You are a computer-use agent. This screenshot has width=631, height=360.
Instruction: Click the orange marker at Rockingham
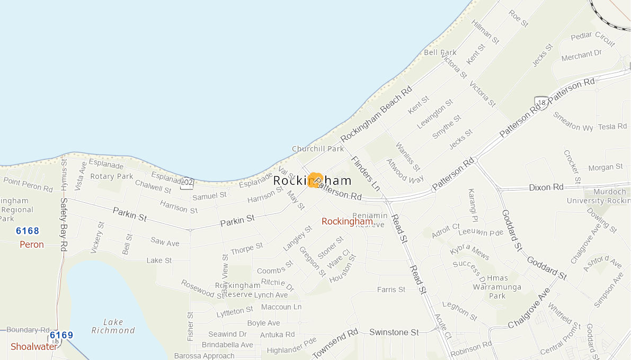point(315,180)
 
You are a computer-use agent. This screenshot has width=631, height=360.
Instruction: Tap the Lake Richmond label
point(113,326)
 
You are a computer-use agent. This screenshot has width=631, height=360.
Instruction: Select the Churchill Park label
point(318,149)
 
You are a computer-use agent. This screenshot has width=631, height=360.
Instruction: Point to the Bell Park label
point(440,52)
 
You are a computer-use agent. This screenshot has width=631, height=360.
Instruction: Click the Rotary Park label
point(112,176)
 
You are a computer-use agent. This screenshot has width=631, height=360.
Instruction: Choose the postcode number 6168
point(28,231)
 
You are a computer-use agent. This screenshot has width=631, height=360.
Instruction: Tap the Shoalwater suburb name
point(33,347)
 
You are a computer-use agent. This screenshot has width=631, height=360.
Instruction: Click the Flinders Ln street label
point(366,173)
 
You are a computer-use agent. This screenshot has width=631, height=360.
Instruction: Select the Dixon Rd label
point(546,187)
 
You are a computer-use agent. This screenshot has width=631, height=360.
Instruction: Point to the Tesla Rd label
point(612,127)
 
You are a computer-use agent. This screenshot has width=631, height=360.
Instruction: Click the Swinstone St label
point(394,332)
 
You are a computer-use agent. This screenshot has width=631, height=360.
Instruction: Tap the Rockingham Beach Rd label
point(376,114)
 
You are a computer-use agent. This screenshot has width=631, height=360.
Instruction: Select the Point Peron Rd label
point(28,185)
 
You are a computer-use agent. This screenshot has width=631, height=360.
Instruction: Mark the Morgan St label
point(605,167)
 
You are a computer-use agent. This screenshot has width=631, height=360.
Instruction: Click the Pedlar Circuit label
point(593,37)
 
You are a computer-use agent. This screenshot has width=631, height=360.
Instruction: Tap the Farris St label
point(391,290)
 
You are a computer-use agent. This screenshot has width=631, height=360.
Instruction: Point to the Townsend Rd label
point(335,344)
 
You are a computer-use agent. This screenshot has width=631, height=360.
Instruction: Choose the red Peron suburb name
point(32,245)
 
